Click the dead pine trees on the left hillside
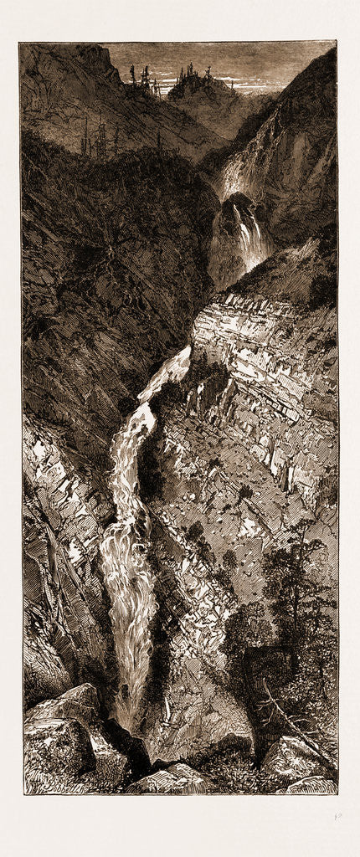pyautogui.click(x=96, y=138)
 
